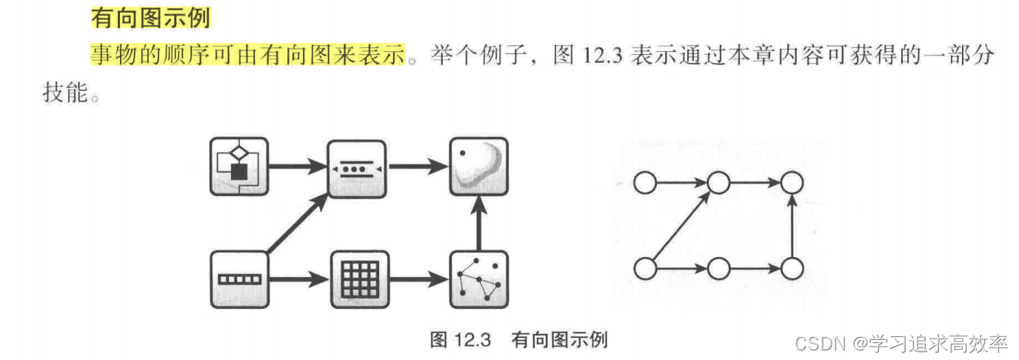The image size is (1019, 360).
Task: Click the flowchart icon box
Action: pos(238,167)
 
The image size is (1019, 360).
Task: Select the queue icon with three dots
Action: pos(357,167)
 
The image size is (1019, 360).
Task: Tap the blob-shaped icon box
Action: pos(478,167)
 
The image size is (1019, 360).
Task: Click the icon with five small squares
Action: pos(238,279)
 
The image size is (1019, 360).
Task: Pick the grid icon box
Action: pos(358,279)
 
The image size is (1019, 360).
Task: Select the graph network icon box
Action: pos(478,279)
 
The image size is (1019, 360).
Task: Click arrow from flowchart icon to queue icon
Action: pos(298,167)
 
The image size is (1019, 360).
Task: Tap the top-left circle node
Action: pos(644,182)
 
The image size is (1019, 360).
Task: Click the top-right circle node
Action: pos(792,182)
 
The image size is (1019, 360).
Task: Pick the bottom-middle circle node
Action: pos(718,268)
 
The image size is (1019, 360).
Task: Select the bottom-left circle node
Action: pos(644,268)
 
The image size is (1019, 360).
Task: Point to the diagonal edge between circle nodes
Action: pos(680,226)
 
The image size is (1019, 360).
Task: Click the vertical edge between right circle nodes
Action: pos(792,225)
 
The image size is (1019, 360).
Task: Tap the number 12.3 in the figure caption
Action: pos(472,340)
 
